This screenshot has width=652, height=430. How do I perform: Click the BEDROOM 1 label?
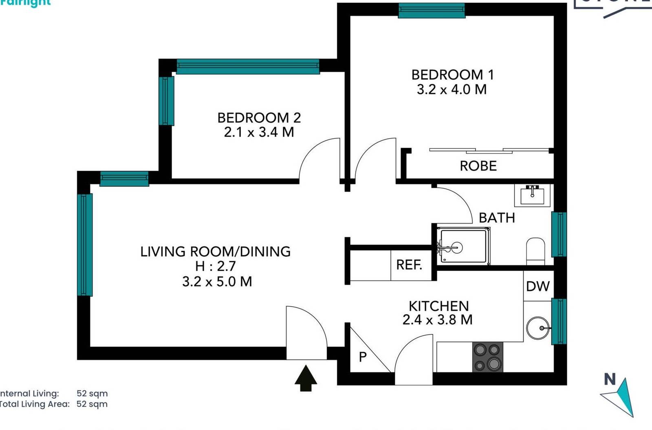(452, 75)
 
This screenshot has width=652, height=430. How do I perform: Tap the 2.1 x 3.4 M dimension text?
(259, 132)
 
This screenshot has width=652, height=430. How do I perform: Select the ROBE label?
(478, 166)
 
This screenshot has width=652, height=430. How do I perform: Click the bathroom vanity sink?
(532, 195)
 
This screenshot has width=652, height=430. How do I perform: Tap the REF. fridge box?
(409, 265)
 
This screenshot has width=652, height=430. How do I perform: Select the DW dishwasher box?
(537, 286)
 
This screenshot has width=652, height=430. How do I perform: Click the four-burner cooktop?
(487, 357)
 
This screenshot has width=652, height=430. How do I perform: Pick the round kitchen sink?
(538, 328)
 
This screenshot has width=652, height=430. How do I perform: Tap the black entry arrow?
(306, 378)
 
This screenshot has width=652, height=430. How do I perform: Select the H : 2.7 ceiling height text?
(215, 266)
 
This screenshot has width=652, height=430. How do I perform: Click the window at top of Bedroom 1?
(431, 11)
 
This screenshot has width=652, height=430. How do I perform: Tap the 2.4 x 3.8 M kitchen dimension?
(437, 320)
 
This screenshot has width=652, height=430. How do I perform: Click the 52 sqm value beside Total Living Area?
(92, 404)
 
